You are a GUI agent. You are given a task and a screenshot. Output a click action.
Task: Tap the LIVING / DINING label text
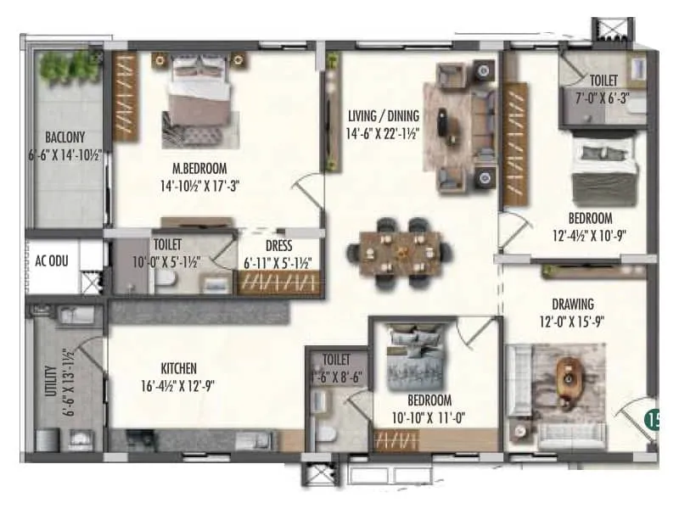(x=384, y=116)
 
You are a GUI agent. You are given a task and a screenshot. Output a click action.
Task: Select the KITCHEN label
(x=179, y=368)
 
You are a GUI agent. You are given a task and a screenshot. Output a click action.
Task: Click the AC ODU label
(x=51, y=260)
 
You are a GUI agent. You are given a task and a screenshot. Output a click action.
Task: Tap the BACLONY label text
(x=65, y=137)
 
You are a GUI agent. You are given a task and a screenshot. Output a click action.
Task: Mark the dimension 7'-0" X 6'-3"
(x=603, y=97)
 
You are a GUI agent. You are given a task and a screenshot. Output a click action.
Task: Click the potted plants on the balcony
(x=70, y=64)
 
